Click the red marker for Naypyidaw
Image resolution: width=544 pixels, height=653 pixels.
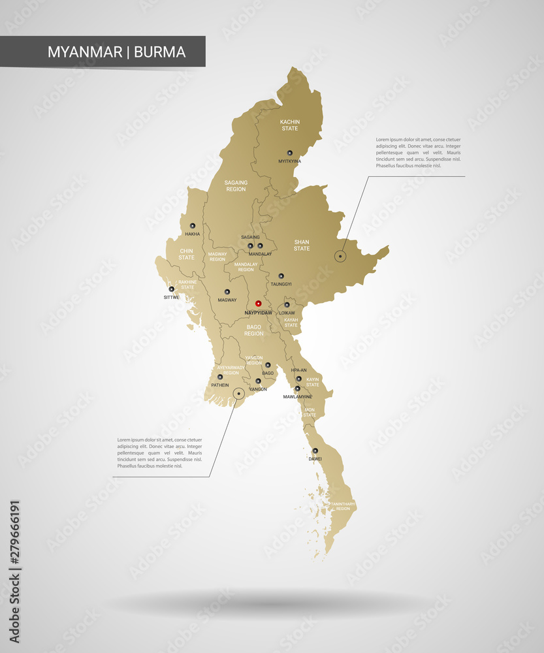point(258,304)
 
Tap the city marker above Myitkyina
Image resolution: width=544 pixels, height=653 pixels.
point(290,153)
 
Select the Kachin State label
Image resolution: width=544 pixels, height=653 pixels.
point(289,125)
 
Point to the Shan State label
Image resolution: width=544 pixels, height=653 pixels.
point(302,245)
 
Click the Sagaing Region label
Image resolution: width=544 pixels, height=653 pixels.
point(236,185)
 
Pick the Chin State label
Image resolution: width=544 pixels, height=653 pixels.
point(187,253)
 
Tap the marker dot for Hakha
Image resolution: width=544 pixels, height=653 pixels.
point(193,226)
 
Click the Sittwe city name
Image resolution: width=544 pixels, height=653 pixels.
point(171,296)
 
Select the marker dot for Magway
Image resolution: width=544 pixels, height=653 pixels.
point(227,292)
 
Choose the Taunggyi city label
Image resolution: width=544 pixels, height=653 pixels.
point(281,284)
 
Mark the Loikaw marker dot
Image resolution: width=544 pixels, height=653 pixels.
point(287,305)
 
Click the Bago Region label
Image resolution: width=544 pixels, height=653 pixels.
point(254,330)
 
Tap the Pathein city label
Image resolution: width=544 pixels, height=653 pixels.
point(219,385)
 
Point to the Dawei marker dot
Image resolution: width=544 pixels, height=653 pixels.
point(315,451)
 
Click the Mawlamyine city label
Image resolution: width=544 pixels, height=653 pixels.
point(298,396)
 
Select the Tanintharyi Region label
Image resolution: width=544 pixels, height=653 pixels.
point(344,506)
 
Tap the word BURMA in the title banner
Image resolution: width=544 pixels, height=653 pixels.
point(160,52)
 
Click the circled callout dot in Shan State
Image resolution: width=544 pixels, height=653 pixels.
point(340,257)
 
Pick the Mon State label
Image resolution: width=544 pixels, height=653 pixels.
point(310,412)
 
